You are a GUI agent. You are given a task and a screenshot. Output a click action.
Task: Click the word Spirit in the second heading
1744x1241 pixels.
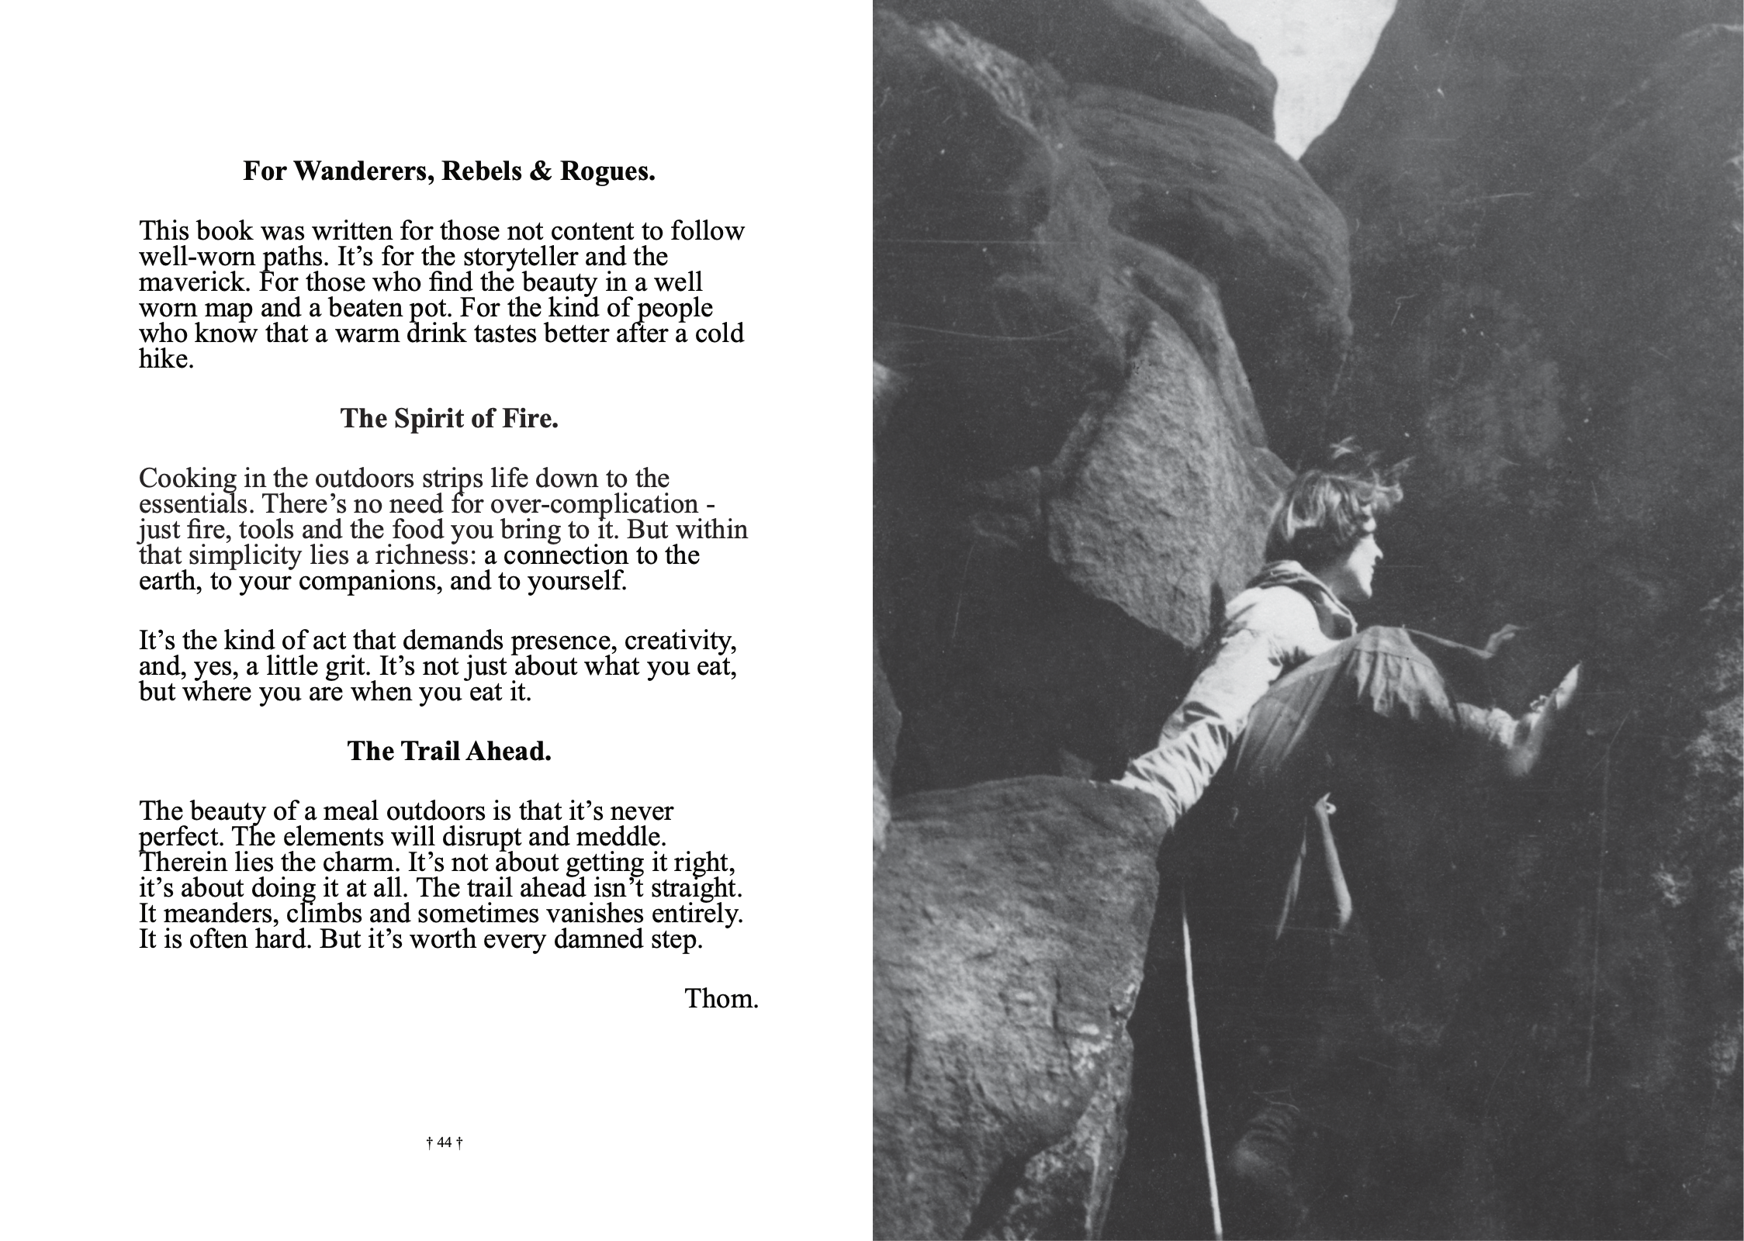coord(431,419)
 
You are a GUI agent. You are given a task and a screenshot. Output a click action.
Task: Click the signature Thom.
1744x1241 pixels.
coord(721,999)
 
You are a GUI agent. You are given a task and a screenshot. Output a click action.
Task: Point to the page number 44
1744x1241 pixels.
coord(445,1142)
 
